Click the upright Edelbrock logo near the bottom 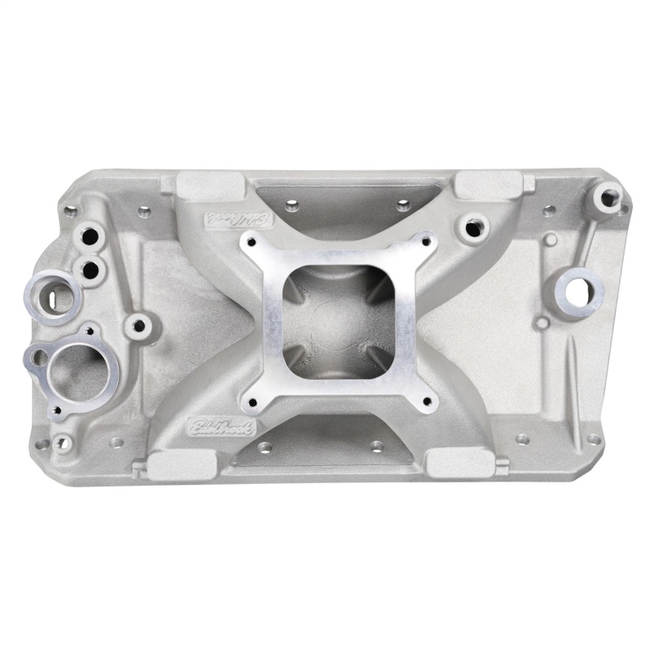(222, 427)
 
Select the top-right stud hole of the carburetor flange (425, 240)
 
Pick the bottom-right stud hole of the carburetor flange (427, 402)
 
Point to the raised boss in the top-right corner (608, 196)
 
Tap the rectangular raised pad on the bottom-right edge (461, 463)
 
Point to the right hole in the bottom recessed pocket (377, 447)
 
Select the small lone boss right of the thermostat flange (139, 327)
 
